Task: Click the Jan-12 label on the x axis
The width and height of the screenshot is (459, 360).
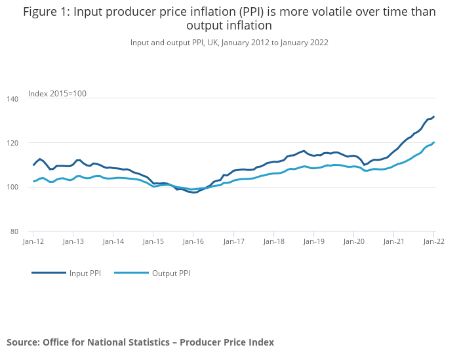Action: (x=33, y=241)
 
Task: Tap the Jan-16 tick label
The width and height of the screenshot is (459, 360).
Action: (x=193, y=241)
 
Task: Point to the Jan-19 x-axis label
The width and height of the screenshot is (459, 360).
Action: (x=313, y=241)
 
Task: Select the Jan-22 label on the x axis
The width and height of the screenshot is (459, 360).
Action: (x=433, y=241)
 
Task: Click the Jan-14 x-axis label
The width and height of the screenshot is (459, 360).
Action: (x=113, y=241)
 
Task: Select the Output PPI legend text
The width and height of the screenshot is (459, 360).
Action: (x=170, y=273)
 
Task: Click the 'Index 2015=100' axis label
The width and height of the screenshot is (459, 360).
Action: (x=57, y=93)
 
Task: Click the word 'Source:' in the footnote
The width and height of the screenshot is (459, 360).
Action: (x=23, y=342)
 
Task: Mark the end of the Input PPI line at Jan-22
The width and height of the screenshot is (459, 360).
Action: (x=433, y=117)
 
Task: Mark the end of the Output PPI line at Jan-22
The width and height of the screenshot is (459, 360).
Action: (x=433, y=142)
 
